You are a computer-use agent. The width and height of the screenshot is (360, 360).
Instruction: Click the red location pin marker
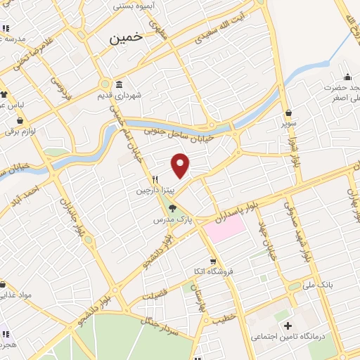coord(181,165)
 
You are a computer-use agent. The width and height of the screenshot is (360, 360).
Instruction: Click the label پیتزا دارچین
coord(153,190)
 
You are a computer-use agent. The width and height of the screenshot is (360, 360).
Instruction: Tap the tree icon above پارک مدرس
coord(173,208)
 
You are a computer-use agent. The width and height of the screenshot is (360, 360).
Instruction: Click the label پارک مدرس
coord(173,220)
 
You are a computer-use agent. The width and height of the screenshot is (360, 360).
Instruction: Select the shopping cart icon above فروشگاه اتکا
coord(213,261)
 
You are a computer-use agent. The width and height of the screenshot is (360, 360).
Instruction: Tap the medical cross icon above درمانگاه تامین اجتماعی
coord(287,327)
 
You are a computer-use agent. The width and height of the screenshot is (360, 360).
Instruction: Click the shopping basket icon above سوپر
coord(288,112)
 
